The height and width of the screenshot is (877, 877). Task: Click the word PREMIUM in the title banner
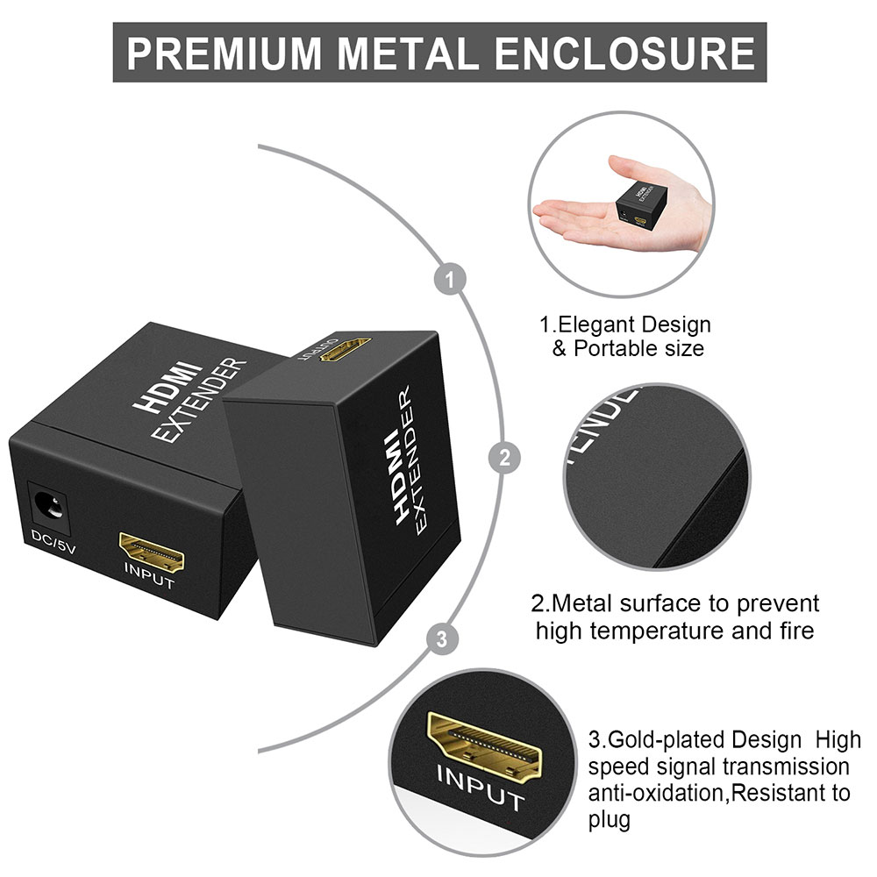tap(225, 53)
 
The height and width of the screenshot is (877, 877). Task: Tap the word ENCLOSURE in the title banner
tap(624, 53)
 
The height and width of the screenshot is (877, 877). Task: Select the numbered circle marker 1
tap(450, 279)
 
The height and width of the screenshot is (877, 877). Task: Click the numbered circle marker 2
tap(505, 458)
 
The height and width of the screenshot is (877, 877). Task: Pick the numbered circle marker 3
tap(442, 638)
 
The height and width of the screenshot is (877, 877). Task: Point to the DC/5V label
tap(53, 543)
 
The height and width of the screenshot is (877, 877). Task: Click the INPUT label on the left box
tap(149, 577)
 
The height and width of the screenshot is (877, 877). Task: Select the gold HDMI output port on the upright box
tap(345, 348)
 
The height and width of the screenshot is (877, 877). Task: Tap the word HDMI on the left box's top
tap(168, 386)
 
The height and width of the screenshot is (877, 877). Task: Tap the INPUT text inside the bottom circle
tap(481, 788)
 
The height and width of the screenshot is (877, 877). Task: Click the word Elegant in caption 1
tap(595, 325)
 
